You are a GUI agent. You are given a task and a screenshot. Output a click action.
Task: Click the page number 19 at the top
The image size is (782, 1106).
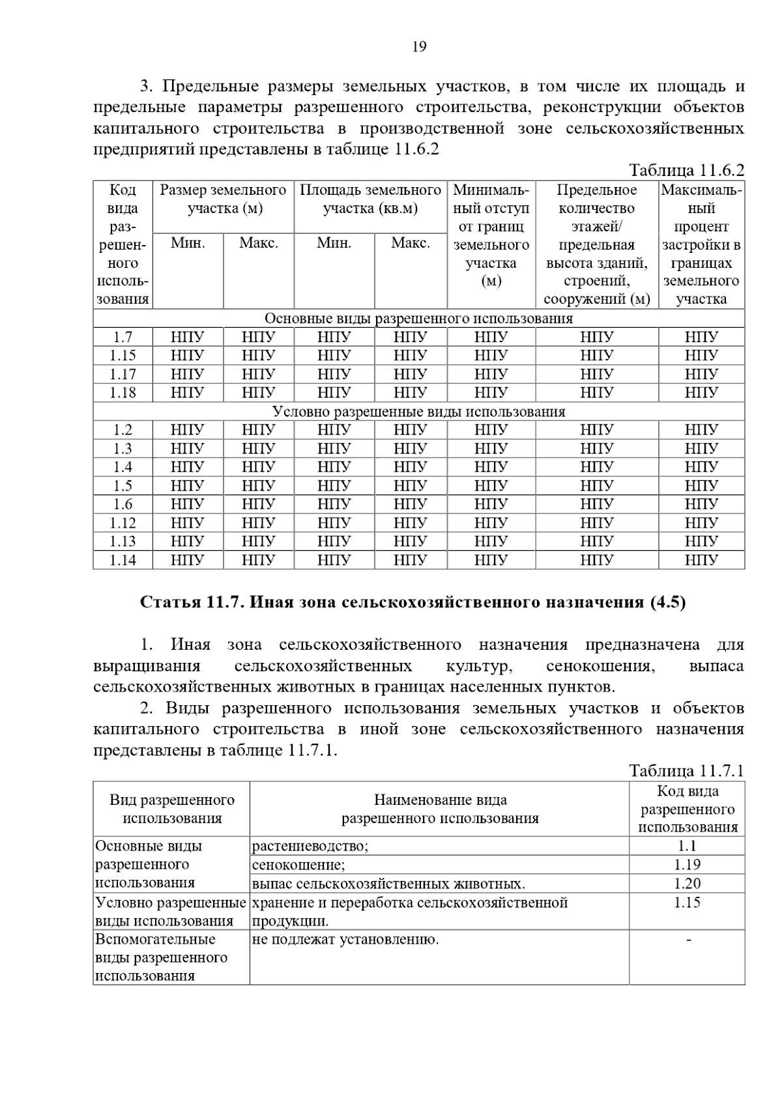pyautogui.click(x=419, y=47)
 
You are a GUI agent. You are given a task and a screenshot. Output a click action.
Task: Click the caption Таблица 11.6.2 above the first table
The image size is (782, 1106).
pyautogui.click(x=686, y=171)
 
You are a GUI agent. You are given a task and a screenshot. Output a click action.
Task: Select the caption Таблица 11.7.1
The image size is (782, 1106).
pyautogui.click(x=686, y=771)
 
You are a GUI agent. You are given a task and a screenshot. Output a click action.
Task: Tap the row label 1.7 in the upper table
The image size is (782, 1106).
pyautogui.click(x=123, y=337)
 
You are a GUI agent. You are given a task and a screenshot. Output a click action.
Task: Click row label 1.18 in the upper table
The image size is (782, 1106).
pyautogui.click(x=123, y=393)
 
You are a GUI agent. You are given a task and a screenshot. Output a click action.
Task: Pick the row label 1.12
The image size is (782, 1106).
pyautogui.click(x=123, y=523)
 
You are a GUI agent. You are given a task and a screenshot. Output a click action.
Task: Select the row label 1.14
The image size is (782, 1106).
pyautogui.click(x=123, y=560)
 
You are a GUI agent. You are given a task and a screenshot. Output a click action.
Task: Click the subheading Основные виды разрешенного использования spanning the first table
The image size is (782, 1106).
pyautogui.click(x=418, y=319)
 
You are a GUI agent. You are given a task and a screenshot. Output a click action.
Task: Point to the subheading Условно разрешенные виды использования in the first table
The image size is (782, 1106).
pyautogui.click(x=418, y=412)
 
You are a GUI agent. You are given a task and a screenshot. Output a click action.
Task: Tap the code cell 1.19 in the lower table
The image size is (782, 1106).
pyautogui.click(x=688, y=865)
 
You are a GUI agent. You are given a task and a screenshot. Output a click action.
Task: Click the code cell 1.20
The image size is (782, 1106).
pyautogui.click(x=688, y=884)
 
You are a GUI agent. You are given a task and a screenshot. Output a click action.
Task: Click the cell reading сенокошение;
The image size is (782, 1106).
pyautogui.click(x=298, y=866)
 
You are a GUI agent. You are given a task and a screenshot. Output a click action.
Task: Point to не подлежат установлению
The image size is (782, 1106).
pyautogui.click(x=345, y=940)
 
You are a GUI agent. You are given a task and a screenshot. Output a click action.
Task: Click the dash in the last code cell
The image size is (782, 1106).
pyautogui.click(x=688, y=940)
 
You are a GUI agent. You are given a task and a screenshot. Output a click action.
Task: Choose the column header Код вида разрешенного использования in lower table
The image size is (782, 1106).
pyautogui.click(x=688, y=809)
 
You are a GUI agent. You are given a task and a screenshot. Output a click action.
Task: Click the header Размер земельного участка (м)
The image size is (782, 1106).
pyautogui.click(x=223, y=199)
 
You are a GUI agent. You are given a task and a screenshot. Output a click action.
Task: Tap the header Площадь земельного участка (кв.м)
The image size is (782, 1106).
pyautogui.click(x=370, y=199)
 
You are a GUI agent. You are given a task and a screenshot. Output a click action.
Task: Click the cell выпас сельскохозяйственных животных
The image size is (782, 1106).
pyautogui.click(x=388, y=884)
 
